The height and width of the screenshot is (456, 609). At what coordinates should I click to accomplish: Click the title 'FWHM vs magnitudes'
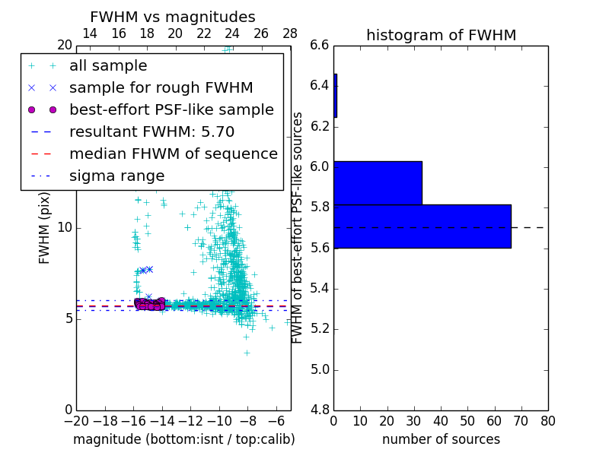pyautogui.click(x=173, y=17)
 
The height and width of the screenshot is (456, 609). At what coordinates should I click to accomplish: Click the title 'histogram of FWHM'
pyautogui.click(x=441, y=35)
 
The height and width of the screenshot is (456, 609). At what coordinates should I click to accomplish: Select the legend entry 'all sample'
pyautogui.click(x=108, y=66)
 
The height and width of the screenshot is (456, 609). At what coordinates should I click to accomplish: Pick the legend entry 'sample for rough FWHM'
pyautogui.click(x=161, y=88)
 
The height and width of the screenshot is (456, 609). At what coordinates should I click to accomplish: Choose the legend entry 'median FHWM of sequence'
pyautogui.click(x=174, y=154)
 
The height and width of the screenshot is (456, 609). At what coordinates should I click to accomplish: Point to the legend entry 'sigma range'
pyautogui.click(x=116, y=176)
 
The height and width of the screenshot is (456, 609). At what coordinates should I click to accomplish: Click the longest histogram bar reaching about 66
pyautogui.click(x=422, y=226)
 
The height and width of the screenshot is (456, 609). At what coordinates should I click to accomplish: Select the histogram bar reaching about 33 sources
pyautogui.click(x=378, y=182)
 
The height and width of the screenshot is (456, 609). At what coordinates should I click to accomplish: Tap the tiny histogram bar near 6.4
pyautogui.click(x=335, y=96)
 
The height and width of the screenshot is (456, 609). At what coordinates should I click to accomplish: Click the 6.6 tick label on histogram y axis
pyautogui.click(x=320, y=45)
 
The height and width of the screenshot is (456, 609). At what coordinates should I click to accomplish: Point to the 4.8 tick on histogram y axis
pyautogui.click(x=320, y=410)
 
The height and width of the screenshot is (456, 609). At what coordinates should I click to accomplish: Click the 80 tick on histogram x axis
pyautogui.click(x=547, y=421)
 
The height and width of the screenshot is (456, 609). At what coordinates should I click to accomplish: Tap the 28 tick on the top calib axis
pyautogui.click(x=290, y=33)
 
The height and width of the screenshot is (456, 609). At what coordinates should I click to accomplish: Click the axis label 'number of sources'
pyautogui.click(x=441, y=439)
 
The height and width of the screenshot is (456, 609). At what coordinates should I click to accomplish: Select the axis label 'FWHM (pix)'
pyautogui.click(x=45, y=226)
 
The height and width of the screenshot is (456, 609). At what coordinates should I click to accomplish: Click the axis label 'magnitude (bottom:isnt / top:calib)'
pyautogui.click(x=183, y=439)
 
